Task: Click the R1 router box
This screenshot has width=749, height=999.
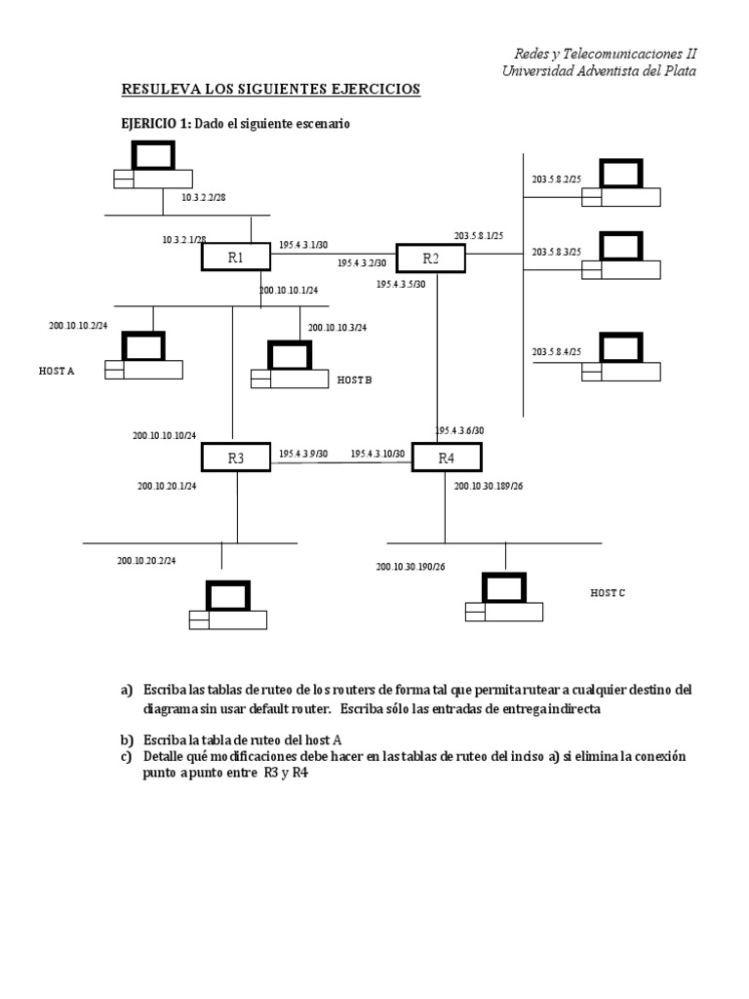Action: click(x=235, y=258)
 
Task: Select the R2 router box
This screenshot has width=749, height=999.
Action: click(x=430, y=258)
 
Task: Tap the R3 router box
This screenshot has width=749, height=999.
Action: click(x=235, y=456)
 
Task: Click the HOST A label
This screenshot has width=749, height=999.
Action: click(x=57, y=372)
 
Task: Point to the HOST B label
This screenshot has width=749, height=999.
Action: click(x=354, y=380)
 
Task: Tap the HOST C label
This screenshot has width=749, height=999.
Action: click(x=608, y=592)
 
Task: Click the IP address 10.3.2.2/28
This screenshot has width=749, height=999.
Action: click(x=203, y=198)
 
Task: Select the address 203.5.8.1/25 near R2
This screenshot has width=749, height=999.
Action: click(x=477, y=236)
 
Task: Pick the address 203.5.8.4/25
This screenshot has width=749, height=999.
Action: click(x=556, y=351)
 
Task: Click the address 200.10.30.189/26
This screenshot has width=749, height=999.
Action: click(x=489, y=485)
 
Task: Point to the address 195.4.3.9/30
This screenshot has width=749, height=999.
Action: click(x=303, y=454)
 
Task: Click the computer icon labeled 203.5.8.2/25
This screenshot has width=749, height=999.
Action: click(x=621, y=185)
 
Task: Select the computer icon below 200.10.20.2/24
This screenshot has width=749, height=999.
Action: click(x=228, y=607)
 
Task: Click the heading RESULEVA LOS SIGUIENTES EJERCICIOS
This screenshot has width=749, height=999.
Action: click(x=270, y=90)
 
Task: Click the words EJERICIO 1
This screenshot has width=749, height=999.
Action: click(x=155, y=124)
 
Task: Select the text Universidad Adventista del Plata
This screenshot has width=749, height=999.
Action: click(x=599, y=70)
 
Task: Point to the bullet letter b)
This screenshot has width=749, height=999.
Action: click(x=127, y=739)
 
